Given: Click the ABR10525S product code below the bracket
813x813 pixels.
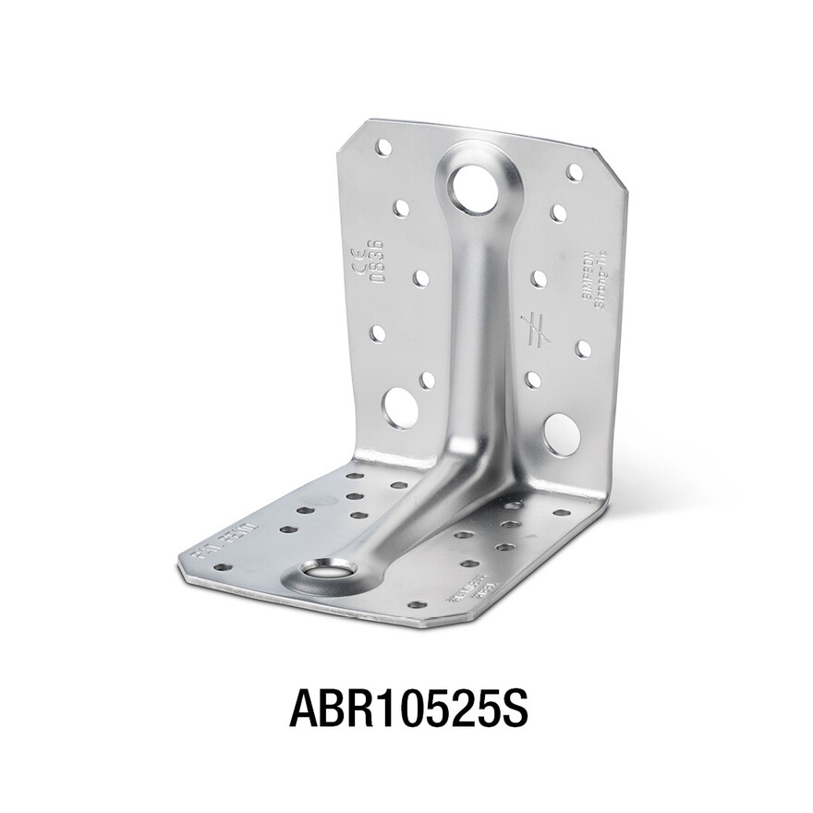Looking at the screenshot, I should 407,707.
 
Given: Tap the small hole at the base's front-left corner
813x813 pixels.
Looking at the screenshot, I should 222,567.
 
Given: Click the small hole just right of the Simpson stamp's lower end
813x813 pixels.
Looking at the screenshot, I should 583,349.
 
